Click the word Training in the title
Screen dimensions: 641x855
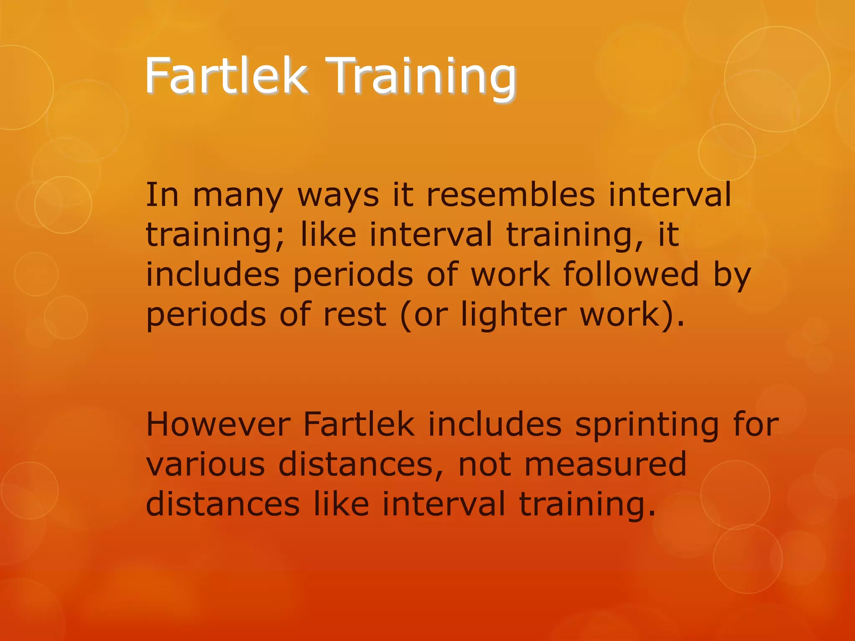(x=422, y=77)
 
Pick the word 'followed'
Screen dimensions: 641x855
(x=631, y=274)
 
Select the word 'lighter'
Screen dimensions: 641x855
(x=514, y=315)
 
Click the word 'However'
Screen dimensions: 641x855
(x=218, y=424)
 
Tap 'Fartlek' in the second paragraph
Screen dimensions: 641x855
(x=359, y=424)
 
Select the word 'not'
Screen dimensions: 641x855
(x=485, y=464)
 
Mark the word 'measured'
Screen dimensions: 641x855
(x=605, y=464)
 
